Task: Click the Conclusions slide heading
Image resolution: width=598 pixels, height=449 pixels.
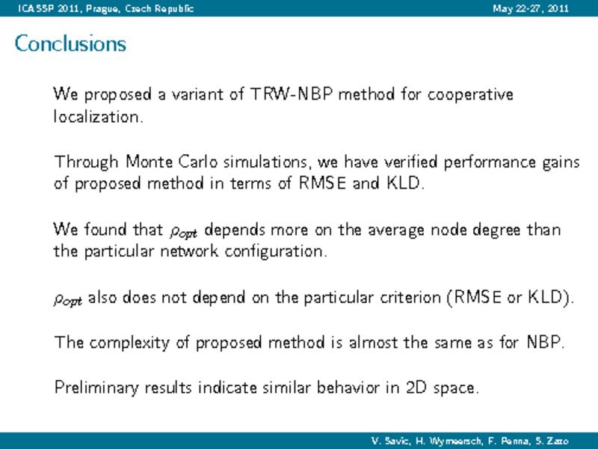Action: pyautogui.click(x=70, y=43)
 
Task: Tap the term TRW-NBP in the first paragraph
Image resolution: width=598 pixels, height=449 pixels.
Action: pyautogui.click(x=291, y=94)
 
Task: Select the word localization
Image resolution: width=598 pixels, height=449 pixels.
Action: pyautogui.click(x=99, y=117)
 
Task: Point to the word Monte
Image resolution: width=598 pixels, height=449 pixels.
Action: pyautogui.click(x=149, y=162)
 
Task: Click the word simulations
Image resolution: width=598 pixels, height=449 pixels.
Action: pyautogui.click(x=265, y=162)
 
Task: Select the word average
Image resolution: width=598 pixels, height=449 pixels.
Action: pyautogui.click(x=396, y=230)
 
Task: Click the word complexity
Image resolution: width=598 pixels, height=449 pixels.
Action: pyautogui.click(x=129, y=343)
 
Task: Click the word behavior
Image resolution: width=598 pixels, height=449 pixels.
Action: pyautogui.click(x=348, y=387)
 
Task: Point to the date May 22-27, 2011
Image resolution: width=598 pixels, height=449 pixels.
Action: pyautogui.click(x=531, y=8)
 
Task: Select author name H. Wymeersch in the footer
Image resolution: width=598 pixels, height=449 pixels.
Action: pyautogui.click(x=449, y=441)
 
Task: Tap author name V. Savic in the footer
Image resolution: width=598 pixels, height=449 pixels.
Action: pyautogui.click(x=390, y=441)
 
